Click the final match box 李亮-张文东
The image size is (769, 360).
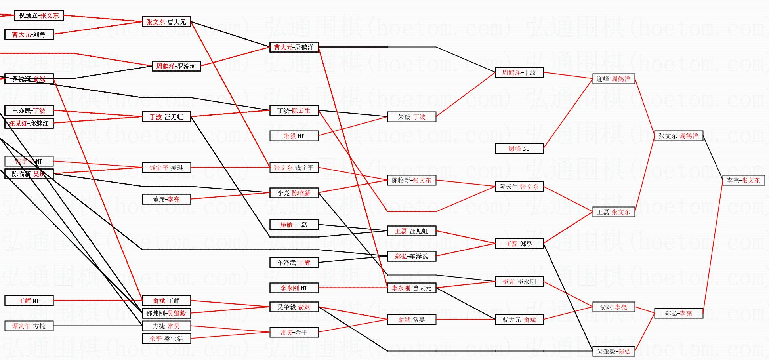pyautogui.click(x=743, y=180)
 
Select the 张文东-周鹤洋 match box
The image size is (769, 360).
pyautogui.click(x=678, y=136)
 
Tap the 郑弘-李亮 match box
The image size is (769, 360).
pyautogui.click(x=678, y=313)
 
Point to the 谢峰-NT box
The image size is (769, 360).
pyautogui.click(x=519, y=149)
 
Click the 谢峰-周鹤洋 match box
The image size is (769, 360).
pyautogui.click(x=613, y=79)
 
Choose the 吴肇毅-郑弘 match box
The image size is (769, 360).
pyautogui.click(x=613, y=351)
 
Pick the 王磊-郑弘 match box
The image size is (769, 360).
pyautogui.click(x=519, y=244)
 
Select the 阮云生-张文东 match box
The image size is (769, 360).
pyautogui.click(x=519, y=187)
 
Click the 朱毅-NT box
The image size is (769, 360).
pyautogui.click(x=294, y=136)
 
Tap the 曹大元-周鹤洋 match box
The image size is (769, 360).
pyautogui.click(x=294, y=47)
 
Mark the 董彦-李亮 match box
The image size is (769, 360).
pyautogui.click(x=166, y=199)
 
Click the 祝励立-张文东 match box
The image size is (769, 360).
pyautogui.click(x=39, y=15)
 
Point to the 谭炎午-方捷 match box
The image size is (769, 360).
pyautogui.click(x=29, y=326)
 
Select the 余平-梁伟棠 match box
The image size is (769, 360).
pyautogui.click(x=166, y=339)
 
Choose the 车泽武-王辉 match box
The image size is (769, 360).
pyautogui.click(x=294, y=263)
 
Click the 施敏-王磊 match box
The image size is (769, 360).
pyautogui.click(x=294, y=225)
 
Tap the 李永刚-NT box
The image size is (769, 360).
pyautogui.click(x=294, y=288)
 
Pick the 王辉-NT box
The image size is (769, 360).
pyautogui.click(x=29, y=301)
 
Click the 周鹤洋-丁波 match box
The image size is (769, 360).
pyautogui.click(x=519, y=72)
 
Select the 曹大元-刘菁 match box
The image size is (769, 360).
pyautogui.click(x=29, y=34)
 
